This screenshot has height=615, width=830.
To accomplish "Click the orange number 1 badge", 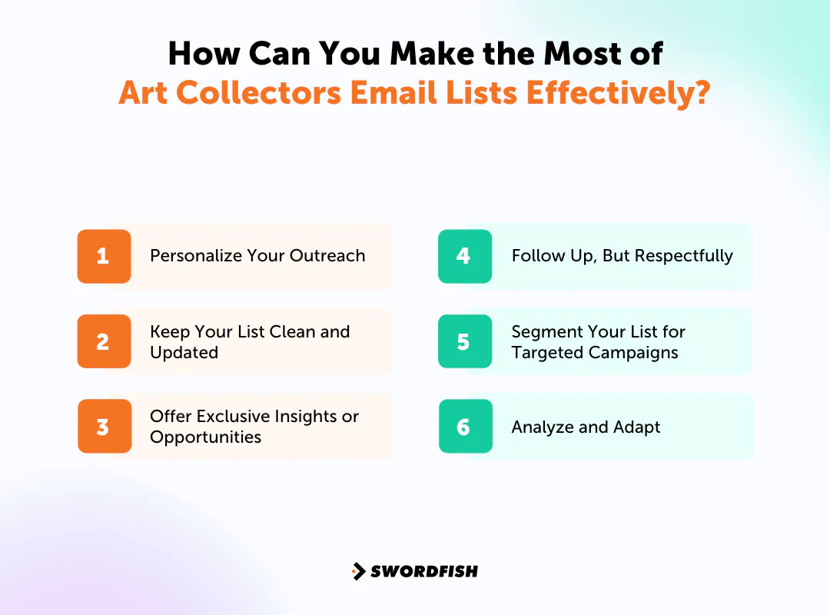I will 104,256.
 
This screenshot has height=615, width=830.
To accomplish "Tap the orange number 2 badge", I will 104,341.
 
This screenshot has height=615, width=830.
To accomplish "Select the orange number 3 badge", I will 104,427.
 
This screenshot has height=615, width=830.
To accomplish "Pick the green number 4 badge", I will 464,256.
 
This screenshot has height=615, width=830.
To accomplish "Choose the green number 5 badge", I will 464,341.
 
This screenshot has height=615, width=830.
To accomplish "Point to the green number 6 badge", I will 464,427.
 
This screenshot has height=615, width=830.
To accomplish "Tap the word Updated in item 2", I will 184,353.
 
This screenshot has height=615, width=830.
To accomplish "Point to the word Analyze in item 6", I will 542,427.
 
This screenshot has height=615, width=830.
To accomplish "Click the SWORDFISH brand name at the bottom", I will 424,571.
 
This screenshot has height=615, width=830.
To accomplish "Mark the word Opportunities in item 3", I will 205,437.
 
